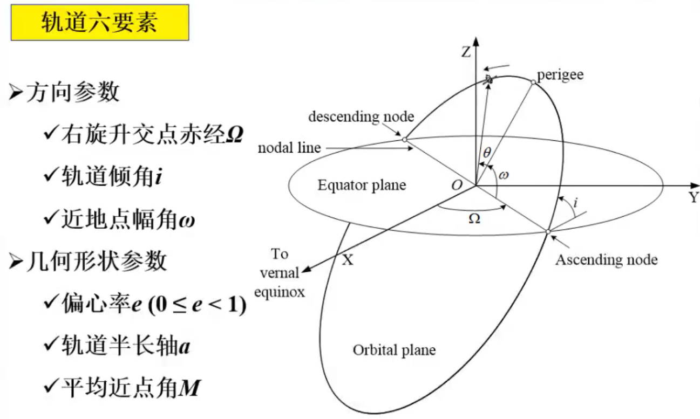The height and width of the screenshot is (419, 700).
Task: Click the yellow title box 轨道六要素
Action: pos(100,23)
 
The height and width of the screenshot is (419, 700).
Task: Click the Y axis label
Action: pos(694,197)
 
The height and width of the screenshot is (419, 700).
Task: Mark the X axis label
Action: pos(348,260)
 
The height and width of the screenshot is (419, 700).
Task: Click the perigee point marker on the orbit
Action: pos(533,82)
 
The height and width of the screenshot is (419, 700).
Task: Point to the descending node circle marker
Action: pos(404,139)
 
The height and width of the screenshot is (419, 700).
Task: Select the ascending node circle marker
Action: pos(547,232)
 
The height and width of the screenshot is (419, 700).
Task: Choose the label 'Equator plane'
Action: pos(362,186)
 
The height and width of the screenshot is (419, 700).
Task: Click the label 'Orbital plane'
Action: pos(394,350)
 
